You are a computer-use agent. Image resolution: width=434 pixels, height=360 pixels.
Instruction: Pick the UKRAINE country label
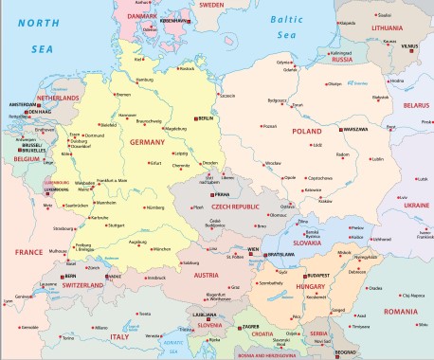(416, 204)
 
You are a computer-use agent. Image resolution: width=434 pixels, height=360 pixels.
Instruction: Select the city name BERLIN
(205, 117)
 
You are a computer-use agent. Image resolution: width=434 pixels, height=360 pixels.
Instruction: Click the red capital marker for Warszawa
(338, 129)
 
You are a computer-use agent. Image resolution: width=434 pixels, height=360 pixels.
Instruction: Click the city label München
(161, 249)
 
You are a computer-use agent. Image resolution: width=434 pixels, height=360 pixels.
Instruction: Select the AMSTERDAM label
(23, 103)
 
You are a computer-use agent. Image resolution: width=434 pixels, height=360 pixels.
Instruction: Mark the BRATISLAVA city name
(282, 255)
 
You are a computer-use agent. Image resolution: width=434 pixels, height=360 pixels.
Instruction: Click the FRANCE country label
(28, 253)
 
